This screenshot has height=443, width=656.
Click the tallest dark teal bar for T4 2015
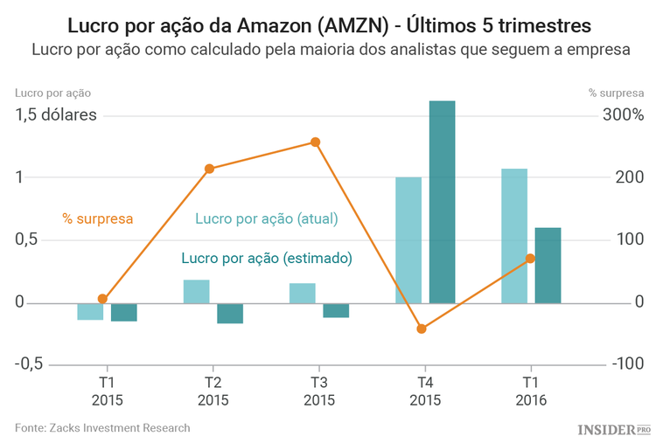tap(442, 202)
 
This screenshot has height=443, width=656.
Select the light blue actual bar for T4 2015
tap(408, 240)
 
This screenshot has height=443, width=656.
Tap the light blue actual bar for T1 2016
tap(514, 236)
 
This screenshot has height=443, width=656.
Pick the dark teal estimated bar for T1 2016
tap(548, 266)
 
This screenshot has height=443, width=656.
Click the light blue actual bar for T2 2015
tap(196, 292)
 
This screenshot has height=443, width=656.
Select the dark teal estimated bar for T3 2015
tap(336, 310)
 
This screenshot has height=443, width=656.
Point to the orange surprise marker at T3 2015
tap(316, 142)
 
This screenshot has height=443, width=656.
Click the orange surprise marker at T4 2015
tap(422, 329)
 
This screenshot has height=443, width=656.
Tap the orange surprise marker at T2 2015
tap(209, 169)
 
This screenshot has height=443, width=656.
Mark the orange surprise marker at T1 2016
tap(530, 259)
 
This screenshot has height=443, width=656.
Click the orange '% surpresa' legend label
tap(97, 218)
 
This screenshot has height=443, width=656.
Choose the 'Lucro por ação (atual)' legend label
tap(266, 218)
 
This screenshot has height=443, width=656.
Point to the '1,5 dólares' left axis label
tap(56, 114)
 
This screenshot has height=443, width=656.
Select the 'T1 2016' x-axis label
tap(530, 391)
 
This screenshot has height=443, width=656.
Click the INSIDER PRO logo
tap(614, 429)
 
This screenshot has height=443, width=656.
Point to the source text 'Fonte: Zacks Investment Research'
tap(102, 428)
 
